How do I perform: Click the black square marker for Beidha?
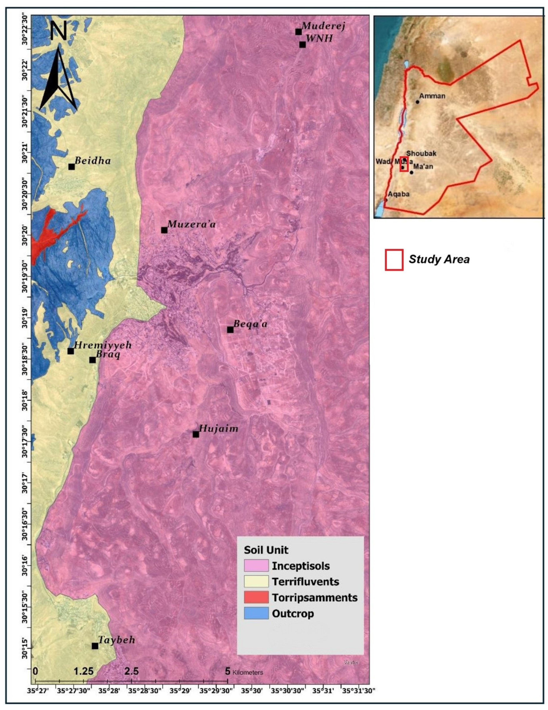[71, 167]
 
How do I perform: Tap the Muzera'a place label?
[191, 224]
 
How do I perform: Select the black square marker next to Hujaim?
[196, 434]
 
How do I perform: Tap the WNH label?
[319, 38]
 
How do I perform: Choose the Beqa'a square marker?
[230, 330]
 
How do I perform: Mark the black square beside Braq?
[92, 360]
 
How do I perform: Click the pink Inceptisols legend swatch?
[256, 565]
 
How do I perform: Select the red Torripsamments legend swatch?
[256, 597]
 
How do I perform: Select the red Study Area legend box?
[394, 260]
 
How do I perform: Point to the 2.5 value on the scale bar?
[131, 671]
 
